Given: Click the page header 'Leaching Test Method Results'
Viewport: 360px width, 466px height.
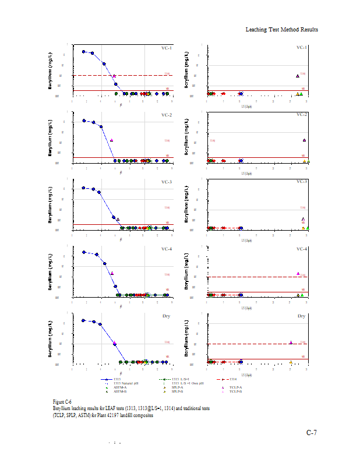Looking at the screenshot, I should click(x=281, y=30).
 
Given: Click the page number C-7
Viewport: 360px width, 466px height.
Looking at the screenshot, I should click(x=312, y=433).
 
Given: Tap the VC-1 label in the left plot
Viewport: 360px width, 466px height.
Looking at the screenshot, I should click(x=167, y=48).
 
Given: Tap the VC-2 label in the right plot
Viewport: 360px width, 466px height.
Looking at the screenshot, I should click(x=302, y=115).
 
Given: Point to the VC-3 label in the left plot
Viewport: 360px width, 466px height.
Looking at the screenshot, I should click(x=167, y=182).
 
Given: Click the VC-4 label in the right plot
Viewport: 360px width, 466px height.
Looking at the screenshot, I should click(x=302, y=249).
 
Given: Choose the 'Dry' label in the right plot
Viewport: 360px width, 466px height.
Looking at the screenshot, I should click(x=302, y=316).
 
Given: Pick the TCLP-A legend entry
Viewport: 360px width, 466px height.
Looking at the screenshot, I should click(x=236, y=387).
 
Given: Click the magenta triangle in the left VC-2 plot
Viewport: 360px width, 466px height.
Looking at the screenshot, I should click(x=111, y=140).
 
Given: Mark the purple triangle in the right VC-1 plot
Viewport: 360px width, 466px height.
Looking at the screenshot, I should click(x=298, y=76).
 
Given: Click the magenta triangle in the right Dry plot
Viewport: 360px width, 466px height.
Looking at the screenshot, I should click(x=291, y=342).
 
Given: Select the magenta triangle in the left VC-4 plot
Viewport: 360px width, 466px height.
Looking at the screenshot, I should click(x=112, y=273).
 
